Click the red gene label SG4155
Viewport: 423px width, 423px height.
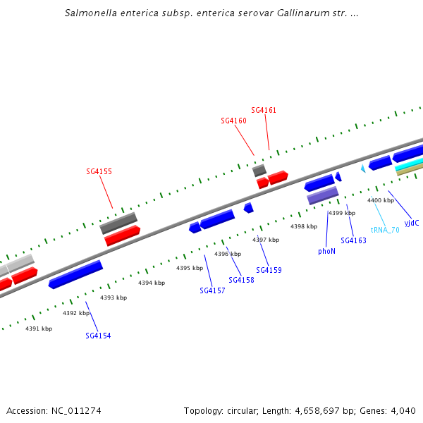[99, 171]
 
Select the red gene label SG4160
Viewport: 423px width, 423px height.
[233, 121]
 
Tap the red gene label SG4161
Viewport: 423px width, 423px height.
[264, 110]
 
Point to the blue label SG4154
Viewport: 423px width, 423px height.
[98, 336]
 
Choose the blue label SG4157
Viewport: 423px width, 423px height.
[212, 290]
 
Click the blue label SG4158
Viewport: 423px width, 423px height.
[241, 280]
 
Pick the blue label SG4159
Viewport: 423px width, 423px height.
[269, 270]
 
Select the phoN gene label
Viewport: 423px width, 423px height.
[326, 251]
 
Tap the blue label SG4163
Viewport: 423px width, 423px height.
[353, 240]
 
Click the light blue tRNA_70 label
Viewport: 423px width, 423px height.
[385, 230]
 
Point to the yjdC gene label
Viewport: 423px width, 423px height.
[412, 223]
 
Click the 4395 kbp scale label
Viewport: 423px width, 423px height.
[189, 268]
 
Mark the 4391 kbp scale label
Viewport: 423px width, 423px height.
[39, 329]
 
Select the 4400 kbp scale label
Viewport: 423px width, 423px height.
[381, 200]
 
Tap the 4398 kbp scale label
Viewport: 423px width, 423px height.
[304, 226]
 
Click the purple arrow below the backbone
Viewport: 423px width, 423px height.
[322, 195]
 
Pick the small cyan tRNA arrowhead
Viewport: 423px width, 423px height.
[363, 168]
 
